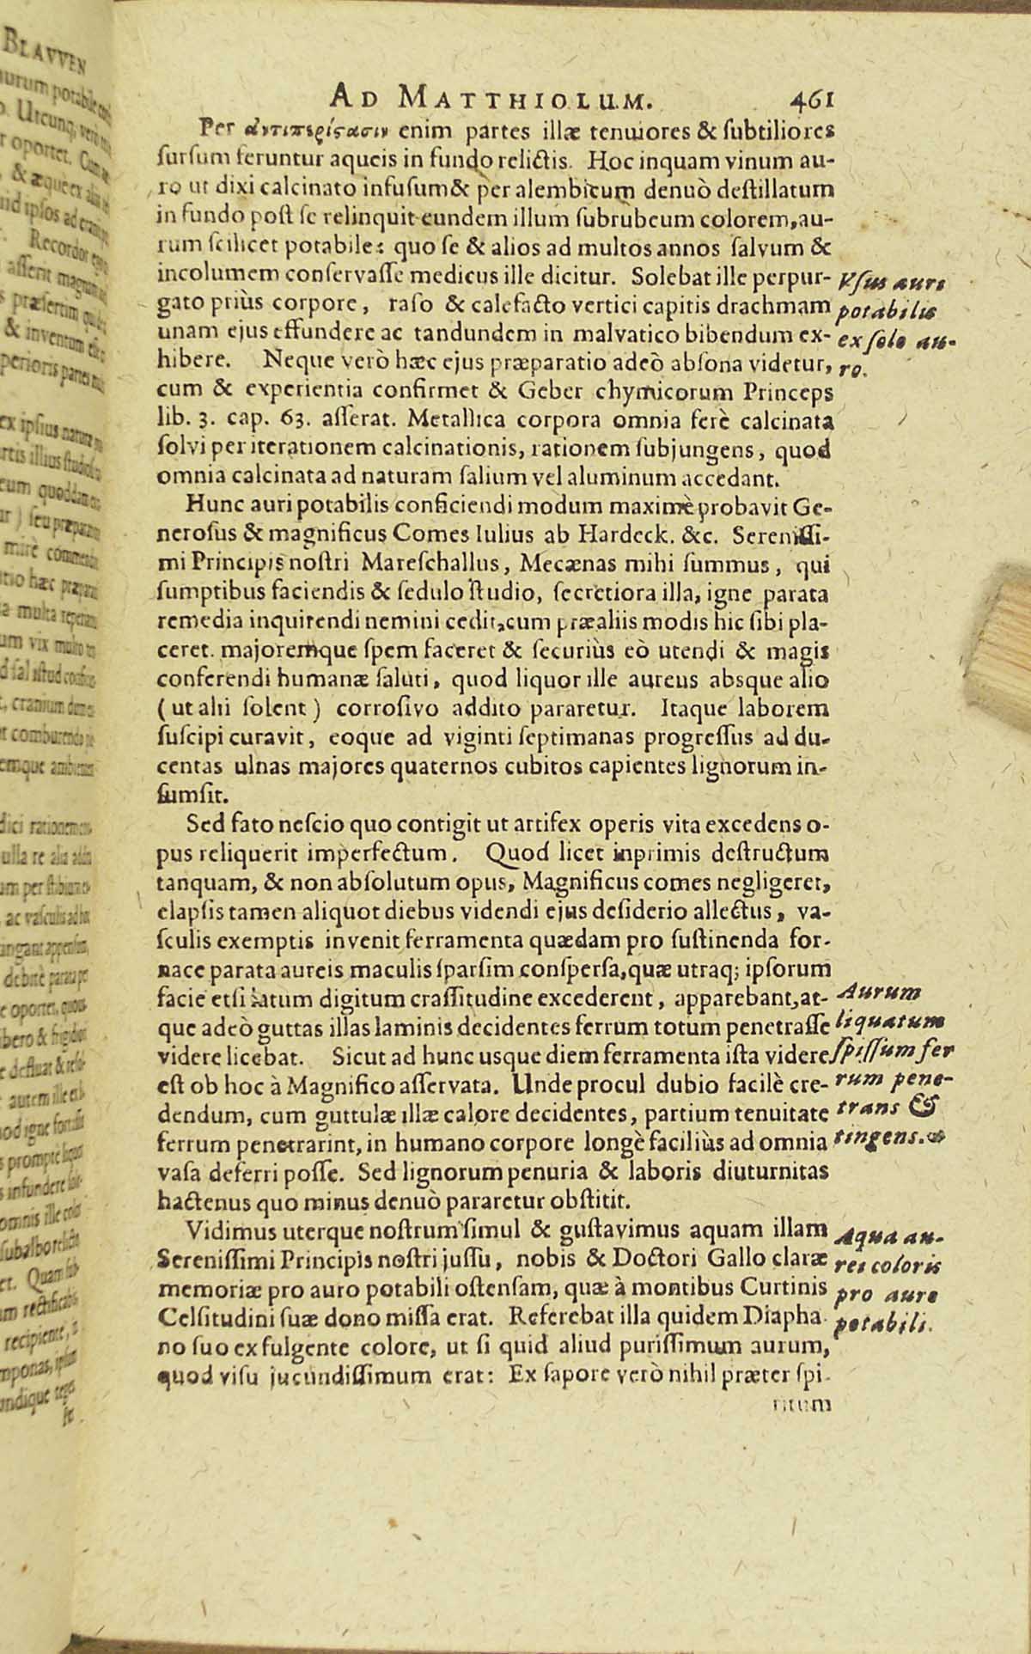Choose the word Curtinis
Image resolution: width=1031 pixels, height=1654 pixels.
[x=786, y=1286]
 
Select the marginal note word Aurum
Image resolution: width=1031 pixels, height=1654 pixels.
[x=866, y=992]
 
